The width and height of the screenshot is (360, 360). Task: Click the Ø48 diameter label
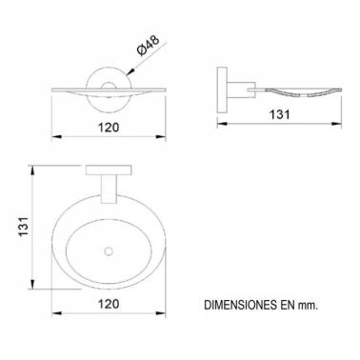tap(148, 46)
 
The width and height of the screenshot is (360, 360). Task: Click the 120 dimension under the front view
tap(109, 128)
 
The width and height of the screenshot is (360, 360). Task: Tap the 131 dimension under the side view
tap(280, 114)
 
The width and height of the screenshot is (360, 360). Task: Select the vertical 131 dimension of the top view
tap(25, 227)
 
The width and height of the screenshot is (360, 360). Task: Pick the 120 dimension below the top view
tap(109, 304)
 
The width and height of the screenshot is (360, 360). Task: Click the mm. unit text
tap(308, 306)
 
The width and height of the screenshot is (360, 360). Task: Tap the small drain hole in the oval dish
tap(109, 251)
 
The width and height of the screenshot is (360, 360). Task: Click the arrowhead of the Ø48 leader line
tap(130, 72)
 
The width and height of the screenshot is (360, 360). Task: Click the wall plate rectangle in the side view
tap(222, 89)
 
